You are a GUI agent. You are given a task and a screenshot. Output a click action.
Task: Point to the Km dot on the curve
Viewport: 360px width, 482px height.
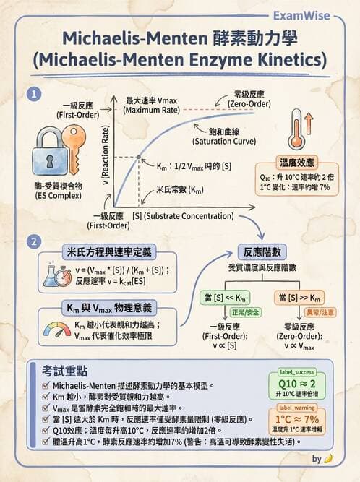coord(138,158)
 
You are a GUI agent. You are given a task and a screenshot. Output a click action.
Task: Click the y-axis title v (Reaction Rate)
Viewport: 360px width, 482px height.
coord(105,158)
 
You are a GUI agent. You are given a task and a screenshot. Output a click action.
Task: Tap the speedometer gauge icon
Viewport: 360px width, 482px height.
coord(56,330)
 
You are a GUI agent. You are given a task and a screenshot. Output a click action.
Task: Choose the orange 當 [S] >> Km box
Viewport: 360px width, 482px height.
coord(302,298)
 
